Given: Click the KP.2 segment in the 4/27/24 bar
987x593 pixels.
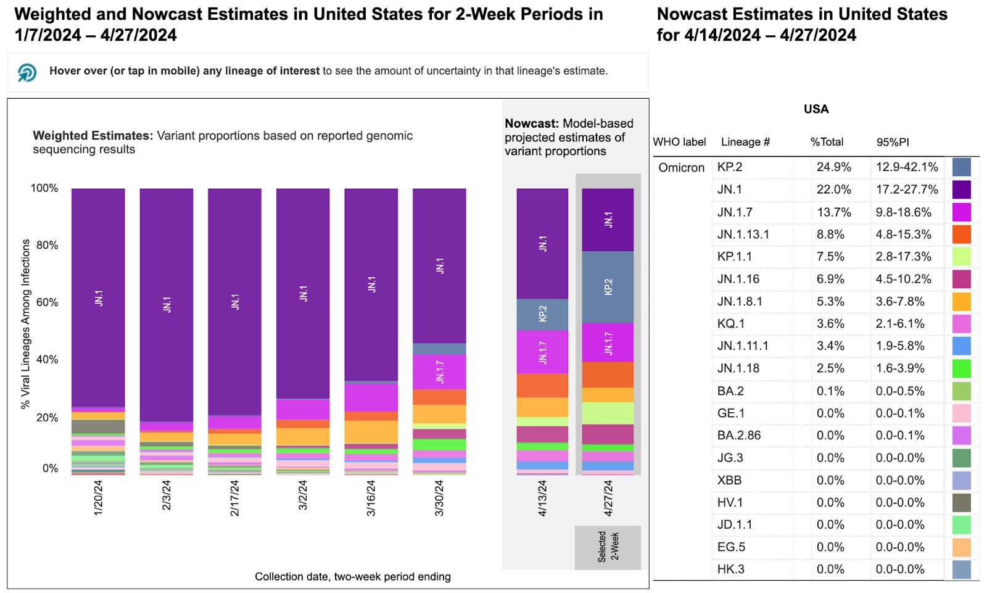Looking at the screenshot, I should tap(608, 287).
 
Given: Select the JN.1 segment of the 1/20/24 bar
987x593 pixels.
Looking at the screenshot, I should tap(98, 297).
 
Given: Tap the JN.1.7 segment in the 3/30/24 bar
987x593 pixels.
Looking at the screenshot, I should tap(439, 371).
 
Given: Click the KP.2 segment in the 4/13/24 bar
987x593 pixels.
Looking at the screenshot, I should tap(542, 314).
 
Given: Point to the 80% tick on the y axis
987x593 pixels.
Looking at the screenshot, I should tap(47, 245).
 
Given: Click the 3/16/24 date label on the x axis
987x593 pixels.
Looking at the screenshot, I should tap(371, 498).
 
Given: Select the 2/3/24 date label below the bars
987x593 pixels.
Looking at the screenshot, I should tap(166, 496).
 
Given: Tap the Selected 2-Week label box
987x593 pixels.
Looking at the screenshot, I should tap(608, 547).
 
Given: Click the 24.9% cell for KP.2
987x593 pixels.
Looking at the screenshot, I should tap(833, 167).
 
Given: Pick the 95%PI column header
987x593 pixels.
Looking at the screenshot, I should tap(892, 142).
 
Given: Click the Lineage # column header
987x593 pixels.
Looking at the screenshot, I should tap(745, 142).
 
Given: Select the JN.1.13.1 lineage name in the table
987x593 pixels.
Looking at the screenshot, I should tap(743, 234).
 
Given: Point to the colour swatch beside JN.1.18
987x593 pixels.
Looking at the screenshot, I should tap(960, 368).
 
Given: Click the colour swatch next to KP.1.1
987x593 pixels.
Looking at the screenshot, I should tap(960, 257).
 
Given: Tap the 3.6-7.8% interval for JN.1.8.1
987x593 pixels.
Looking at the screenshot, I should tap(899, 302).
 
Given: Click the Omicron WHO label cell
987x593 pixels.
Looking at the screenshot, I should tap(681, 167).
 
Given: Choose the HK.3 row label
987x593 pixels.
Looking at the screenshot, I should tap(730, 570).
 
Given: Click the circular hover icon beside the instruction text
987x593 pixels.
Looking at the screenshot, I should tap(27, 72).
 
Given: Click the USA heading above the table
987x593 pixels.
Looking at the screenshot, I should tap(816, 109).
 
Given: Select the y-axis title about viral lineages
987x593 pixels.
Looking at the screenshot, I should tap(25, 324).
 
